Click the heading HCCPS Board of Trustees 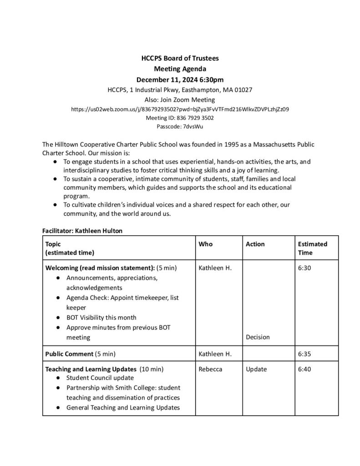[180, 58]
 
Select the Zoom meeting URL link [180, 109]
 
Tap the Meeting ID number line [180, 118]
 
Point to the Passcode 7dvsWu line [180, 127]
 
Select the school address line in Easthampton [180, 90]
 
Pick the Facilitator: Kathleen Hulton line [82, 231]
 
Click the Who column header [206, 244]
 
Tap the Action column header [255, 244]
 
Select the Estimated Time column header [312, 248]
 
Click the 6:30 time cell [304, 268]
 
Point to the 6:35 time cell [304, 353]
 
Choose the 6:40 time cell [304, 369]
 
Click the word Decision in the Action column [258, 337]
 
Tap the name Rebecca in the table [210, 369]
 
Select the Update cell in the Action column [256, 369]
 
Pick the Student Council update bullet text [100, 378]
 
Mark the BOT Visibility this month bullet [101, 317]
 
